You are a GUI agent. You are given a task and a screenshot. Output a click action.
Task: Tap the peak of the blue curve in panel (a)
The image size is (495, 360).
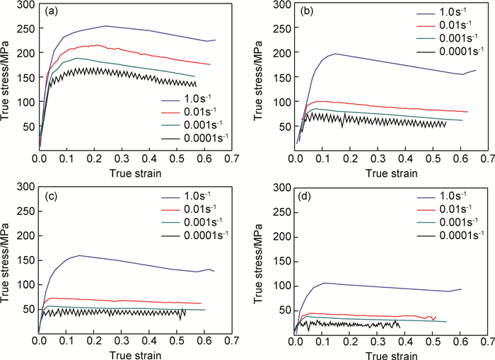pos(105,26)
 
